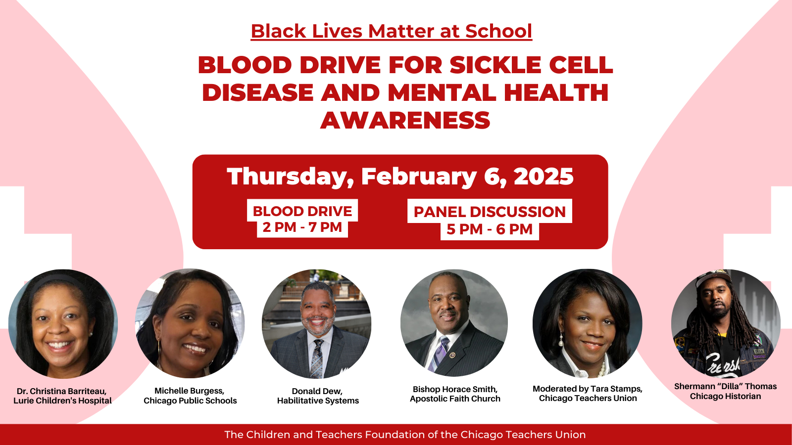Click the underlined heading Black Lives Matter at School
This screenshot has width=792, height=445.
[392, 31]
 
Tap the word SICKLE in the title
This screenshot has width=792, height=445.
[495, 65]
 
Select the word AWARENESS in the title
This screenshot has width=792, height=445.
[405, 121]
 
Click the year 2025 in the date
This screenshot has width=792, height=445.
[544, 176]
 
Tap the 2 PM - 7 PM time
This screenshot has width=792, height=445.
[302, 227]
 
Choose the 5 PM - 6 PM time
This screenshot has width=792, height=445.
[490, 229]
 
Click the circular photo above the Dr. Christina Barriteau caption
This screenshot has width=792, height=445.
[63, 324]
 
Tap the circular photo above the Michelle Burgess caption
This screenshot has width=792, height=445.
[190, 323]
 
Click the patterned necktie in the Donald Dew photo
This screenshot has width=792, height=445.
[317, 358]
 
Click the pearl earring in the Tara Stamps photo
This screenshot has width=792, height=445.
[561, 341]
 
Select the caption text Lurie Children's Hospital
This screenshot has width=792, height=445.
[62, 401]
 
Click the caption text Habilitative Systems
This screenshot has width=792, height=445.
[318, 401]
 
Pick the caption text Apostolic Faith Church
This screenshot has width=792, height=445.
[455, 399]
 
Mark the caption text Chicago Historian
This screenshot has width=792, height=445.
[726, 396]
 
